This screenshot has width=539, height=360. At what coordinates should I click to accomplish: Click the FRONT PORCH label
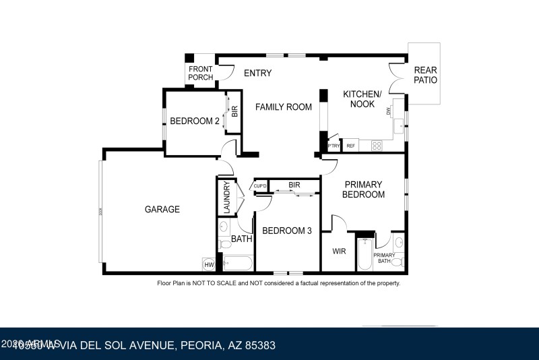[x=201, y=73]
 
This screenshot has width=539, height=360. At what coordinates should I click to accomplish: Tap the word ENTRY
[x=257, y=73]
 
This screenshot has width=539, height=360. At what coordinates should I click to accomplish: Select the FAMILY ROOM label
[x=283, y=107]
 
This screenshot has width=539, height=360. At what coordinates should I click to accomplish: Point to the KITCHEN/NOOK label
[x=362, y=99]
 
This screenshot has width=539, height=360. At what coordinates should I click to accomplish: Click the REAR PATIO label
[x=425, y=75]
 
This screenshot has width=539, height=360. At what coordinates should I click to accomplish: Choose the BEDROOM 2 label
[x=194, y=121]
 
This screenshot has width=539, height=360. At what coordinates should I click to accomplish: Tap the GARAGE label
[x=162, y=209]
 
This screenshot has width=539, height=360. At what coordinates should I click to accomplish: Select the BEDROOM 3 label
[x=286, y=231]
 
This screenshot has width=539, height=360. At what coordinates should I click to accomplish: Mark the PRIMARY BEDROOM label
[x=363, y=189]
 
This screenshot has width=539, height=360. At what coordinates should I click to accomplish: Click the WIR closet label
[x=339, y=251]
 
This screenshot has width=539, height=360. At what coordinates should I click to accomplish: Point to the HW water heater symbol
[x=208, y=264]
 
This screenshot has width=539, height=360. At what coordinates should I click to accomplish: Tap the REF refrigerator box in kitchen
[x=350, y=146]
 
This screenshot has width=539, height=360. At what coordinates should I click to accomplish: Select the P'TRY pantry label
[x=333, y=146]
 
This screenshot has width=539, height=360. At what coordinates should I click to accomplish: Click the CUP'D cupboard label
[x=261, y=185]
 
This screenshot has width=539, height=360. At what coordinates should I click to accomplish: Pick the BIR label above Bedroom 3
[x=294, y=184]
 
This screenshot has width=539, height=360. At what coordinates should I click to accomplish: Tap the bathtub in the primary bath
[x=364, y=256]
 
